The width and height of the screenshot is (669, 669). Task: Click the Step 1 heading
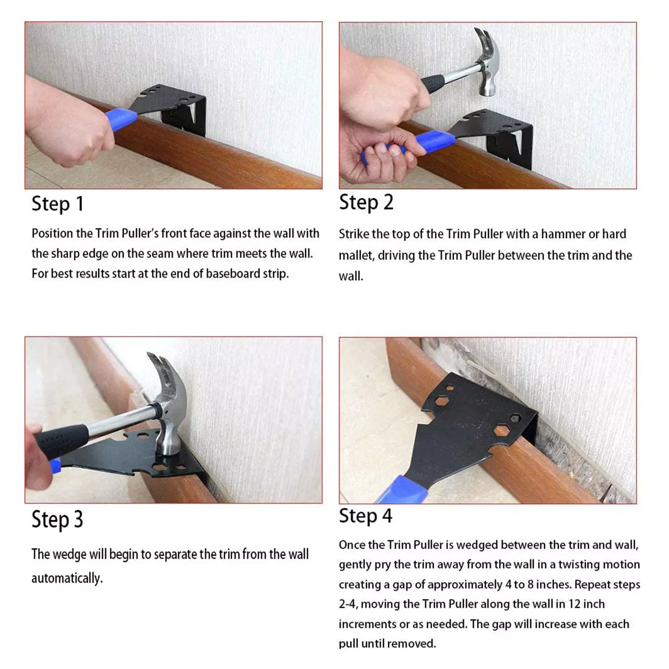[58, 204]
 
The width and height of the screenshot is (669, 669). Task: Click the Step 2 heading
[366, 202]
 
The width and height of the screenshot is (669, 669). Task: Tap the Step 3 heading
[57, 519]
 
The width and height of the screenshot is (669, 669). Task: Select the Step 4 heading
[366, 516]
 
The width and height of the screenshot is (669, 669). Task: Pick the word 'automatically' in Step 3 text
[67, 578]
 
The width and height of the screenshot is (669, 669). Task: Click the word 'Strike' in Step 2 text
[354, 234]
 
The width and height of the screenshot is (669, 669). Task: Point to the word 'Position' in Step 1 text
[52, 233]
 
